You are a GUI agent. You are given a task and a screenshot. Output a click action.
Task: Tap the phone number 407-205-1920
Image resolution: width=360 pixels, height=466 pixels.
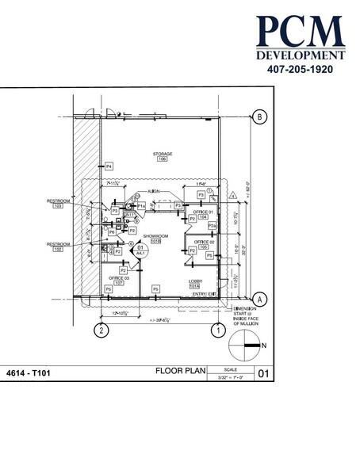299,69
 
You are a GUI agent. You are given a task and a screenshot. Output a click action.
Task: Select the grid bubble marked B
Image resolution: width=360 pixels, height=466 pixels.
259,118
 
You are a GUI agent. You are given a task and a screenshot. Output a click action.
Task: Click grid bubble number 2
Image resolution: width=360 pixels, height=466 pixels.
101,330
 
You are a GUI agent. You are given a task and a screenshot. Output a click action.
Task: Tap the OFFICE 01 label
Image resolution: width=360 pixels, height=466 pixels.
203,212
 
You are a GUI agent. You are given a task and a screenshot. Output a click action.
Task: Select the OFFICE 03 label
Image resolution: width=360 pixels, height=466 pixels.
120,278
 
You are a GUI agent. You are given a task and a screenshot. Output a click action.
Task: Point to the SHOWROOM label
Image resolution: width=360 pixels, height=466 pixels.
154,236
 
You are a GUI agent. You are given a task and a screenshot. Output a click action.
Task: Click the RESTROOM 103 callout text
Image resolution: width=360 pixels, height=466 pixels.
59,201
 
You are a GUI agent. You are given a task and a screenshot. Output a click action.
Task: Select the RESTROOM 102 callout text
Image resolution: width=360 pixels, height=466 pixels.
59,244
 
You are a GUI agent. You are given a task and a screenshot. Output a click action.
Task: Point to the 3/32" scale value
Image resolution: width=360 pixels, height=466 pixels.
230,377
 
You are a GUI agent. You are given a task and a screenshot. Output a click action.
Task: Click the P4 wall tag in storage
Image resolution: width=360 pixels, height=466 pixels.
109,166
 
